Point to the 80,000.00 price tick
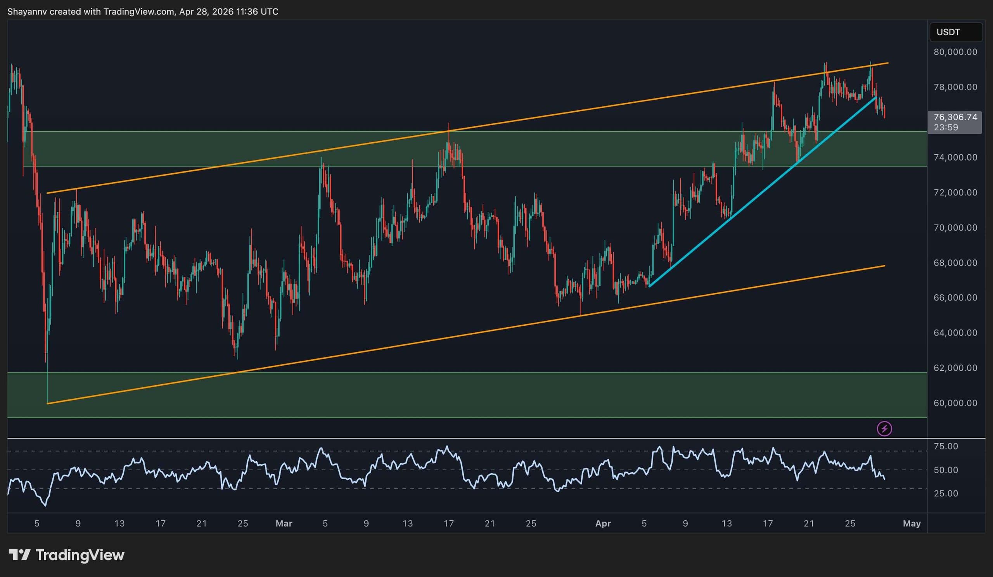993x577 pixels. [955, 52]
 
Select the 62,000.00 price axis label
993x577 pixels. [955, 368]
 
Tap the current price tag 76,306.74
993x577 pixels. [955, 117]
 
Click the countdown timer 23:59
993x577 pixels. [946, 127]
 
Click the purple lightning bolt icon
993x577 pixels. [884, 428]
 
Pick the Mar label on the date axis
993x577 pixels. [284, 523]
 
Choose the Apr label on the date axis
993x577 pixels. [603, 523]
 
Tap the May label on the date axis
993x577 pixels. [912, 523]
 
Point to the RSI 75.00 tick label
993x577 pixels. [946, 446]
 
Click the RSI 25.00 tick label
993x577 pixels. [946, 494]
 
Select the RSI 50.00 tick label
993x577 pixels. [946, 470]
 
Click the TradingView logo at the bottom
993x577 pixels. [67, 555]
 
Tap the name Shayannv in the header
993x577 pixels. [27, 12]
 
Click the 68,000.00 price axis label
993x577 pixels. [955, 263]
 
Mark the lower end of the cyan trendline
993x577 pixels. [649, 286]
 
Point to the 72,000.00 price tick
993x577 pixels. [955, 193]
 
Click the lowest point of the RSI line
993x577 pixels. [46, 506]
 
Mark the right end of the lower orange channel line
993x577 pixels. [885, 266]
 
